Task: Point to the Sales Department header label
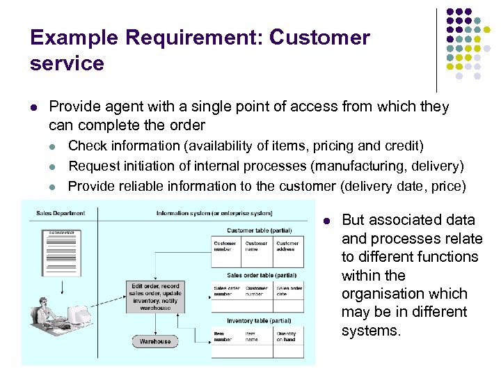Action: pos(61,213)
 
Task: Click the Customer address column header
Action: pos(287,246)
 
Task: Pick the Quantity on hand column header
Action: pos(287,336)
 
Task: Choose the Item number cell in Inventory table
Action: pos(224,336)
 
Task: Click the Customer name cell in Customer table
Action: pos(256,246)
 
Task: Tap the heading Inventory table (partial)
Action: pos(258,321)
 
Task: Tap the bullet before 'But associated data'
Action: pos(327,221)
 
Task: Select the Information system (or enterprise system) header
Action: pos(214,213)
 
